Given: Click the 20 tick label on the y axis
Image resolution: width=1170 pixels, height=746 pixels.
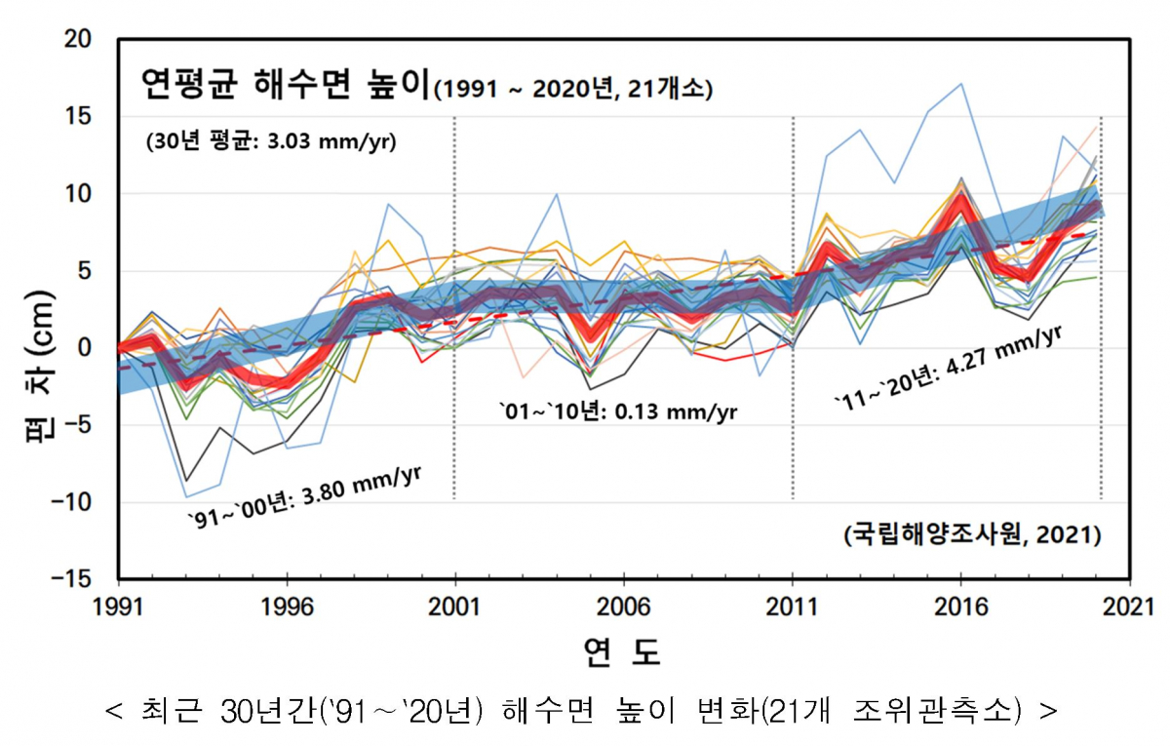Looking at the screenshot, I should [78, 40].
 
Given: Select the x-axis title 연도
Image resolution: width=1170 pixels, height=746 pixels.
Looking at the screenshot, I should [623, 650].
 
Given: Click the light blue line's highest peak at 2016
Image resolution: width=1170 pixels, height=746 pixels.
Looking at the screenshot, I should [961, 84].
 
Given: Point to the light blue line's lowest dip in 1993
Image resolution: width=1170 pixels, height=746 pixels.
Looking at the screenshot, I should [185, 497].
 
